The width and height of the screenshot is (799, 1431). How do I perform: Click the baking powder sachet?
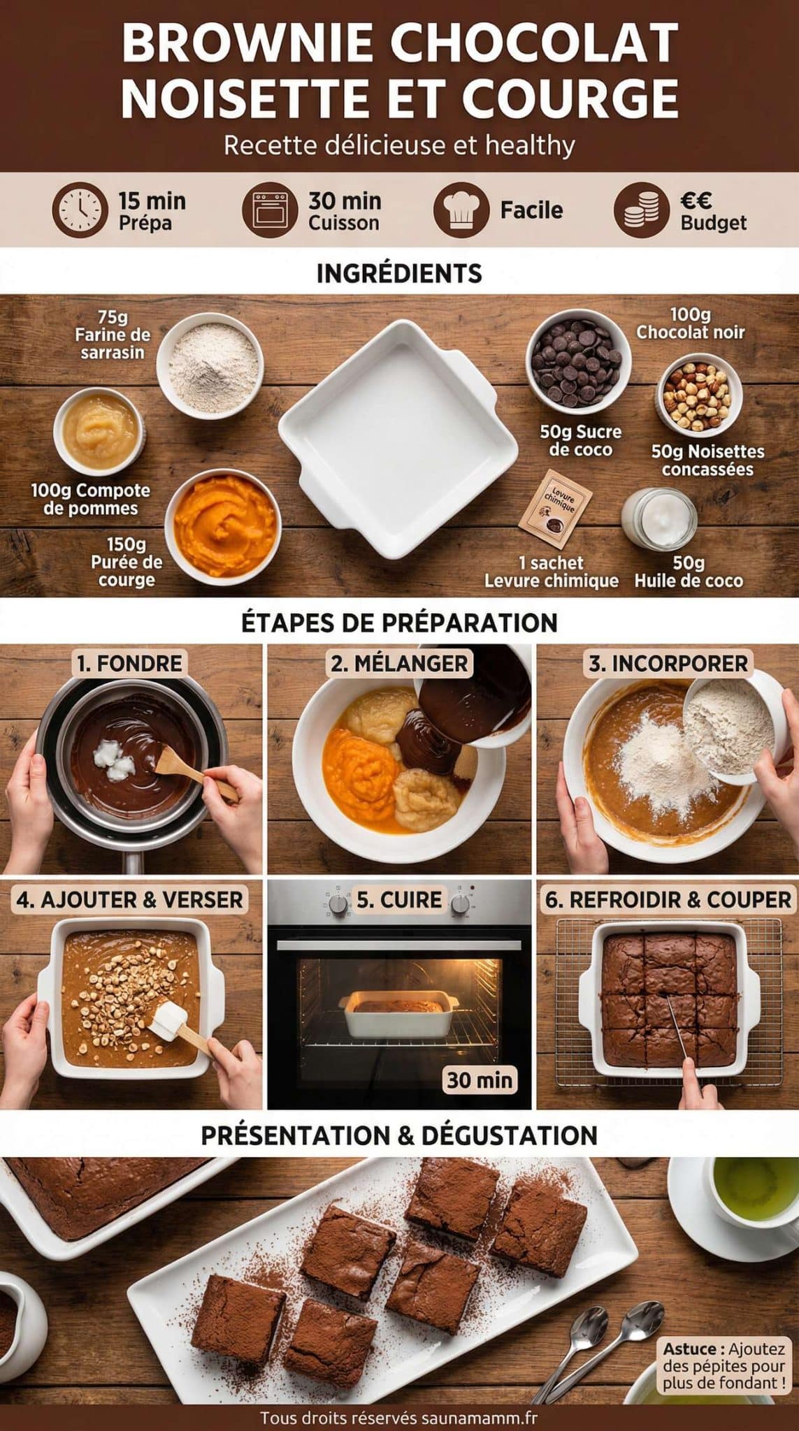pos(556,509)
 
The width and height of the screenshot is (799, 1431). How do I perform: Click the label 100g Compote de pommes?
pos(90,499)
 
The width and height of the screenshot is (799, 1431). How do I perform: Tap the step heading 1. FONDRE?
pos(129,663)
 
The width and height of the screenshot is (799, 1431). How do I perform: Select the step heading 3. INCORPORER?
pos(668,663)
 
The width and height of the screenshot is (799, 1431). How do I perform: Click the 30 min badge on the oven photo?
pos(480,1080)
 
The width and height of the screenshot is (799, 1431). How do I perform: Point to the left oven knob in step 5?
pos(339,903)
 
